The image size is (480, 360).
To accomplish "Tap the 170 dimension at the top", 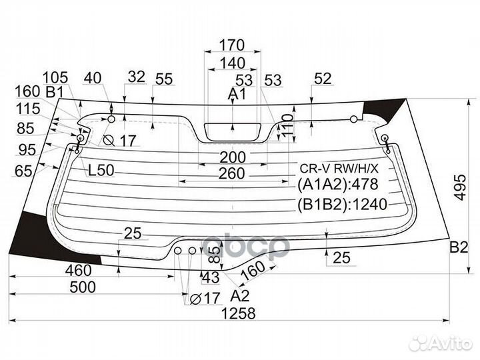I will [x=231, y=45].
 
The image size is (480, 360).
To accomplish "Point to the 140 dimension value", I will [x=231, y=63].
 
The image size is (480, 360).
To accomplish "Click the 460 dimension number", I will [x=78, y=270].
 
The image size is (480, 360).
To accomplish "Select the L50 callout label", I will [x=101, y=170].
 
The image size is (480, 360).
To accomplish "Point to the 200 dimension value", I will [x=231, y=158].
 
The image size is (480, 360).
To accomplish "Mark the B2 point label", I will [x=459, y=248].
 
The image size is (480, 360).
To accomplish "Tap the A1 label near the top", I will [x=237, y=95].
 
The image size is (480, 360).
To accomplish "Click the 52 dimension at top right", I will [x=322, y=79].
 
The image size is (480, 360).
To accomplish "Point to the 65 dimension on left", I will [x=23, y=172].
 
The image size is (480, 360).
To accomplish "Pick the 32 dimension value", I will [x=136, y=77].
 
